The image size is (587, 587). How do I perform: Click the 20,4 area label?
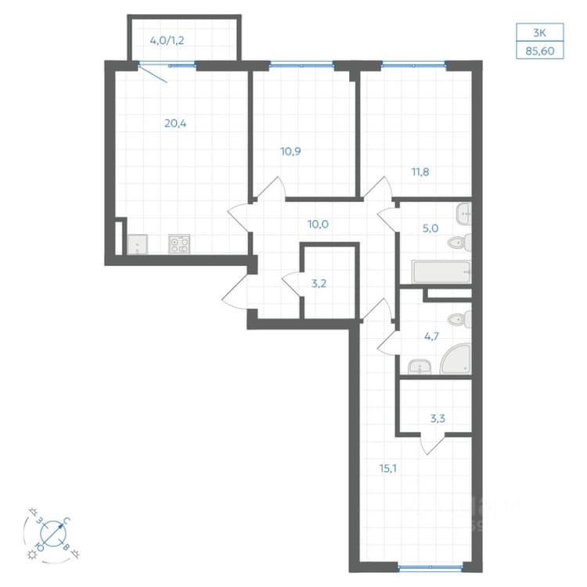coord(175,123)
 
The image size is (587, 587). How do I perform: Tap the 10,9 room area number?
coord(290,151)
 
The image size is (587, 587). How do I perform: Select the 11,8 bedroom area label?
coord(420,172)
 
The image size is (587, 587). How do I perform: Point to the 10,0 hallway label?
coord(318,225)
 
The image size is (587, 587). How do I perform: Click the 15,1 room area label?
coord(388,468)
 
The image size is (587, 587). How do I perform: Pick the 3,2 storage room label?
coord(319,283)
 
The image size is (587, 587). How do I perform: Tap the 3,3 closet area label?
coord(438,418)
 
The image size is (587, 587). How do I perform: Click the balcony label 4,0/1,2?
coord(167,41)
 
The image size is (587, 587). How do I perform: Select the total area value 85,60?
coord(540,51)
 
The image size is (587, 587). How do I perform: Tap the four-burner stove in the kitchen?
coord(179,244)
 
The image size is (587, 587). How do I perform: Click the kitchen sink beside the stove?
coord(138,244)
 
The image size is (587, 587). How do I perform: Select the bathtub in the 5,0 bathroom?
coord(441,272)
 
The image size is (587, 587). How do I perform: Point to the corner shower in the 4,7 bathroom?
coord(456,358)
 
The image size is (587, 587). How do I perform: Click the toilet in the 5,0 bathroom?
coord(459,243)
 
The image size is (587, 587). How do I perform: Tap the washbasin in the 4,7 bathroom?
coord(420,367)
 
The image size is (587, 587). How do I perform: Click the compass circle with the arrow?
coord(53,533)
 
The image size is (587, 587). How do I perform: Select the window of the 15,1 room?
coord(430,567)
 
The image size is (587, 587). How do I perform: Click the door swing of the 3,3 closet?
coord(432,445)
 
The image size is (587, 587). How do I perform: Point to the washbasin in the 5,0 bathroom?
coord(464,214)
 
